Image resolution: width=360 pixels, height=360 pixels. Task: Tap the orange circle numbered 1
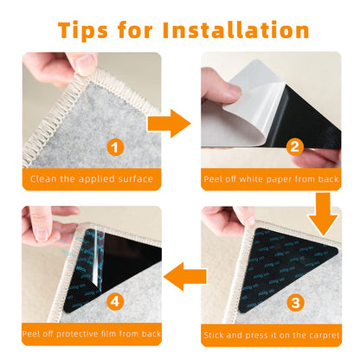point(116,148)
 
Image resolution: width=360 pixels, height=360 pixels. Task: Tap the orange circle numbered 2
point(294,148)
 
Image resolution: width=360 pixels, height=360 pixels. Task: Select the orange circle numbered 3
point(294,302)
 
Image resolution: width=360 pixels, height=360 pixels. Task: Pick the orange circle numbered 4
point(116,302)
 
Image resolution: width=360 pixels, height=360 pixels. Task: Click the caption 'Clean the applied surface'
point(91,179)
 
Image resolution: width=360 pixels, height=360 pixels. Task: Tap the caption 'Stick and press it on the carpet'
point(272,334)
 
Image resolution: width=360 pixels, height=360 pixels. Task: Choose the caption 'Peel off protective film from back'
point(91,334)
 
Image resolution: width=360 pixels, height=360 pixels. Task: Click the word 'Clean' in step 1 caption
point(42,179)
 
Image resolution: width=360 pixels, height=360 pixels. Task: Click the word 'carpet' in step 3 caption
point(325,334)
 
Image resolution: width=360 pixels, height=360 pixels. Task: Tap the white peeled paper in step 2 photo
point(247,91)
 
